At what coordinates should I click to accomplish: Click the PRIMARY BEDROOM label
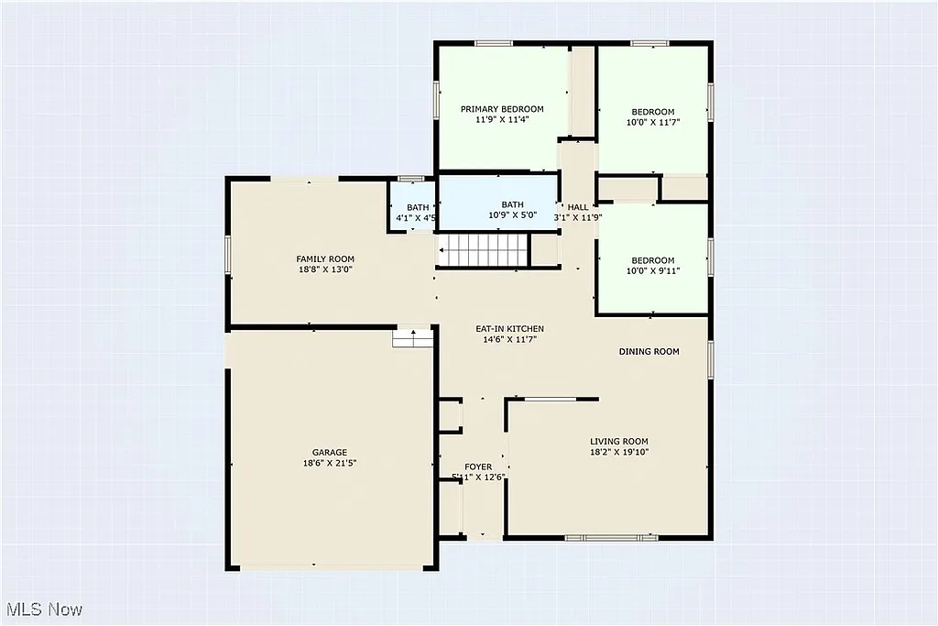502,109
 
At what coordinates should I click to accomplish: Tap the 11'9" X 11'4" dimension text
502,120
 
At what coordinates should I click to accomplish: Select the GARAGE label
330,453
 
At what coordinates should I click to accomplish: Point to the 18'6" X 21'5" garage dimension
330,464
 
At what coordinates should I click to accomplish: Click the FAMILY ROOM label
324,259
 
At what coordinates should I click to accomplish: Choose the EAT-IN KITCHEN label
509,329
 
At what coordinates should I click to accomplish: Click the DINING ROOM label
649,352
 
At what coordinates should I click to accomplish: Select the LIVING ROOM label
618,441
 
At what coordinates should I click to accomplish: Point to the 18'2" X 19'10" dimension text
618,452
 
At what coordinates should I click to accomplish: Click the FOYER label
478,467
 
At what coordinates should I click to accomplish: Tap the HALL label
578,207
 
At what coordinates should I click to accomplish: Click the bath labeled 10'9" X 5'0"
512,210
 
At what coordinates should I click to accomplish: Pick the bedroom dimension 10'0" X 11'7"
650,123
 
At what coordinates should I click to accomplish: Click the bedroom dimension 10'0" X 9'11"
650,271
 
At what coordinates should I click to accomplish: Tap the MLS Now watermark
44,610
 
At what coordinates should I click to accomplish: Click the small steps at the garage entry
412,338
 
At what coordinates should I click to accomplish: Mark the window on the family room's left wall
228,254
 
